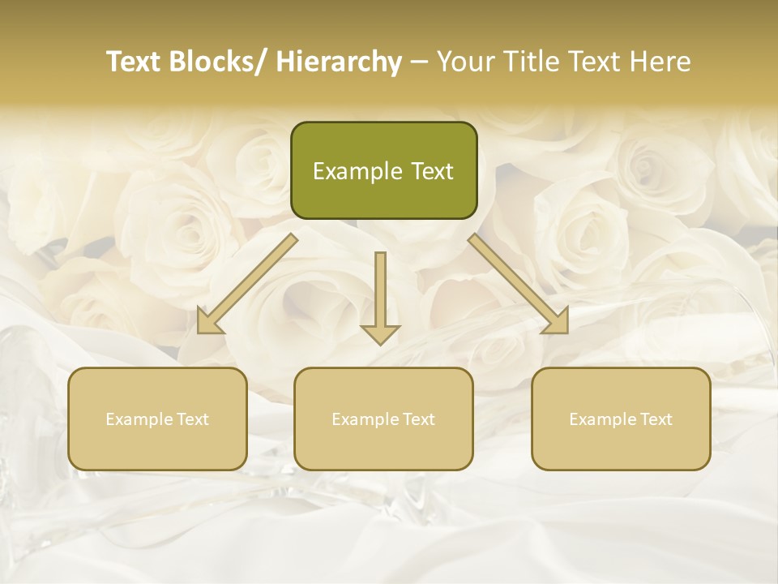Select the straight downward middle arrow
click(x=380, y=296)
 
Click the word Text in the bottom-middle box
click(x=417, y=419)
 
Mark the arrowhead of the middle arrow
click(x=380, y=333)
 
